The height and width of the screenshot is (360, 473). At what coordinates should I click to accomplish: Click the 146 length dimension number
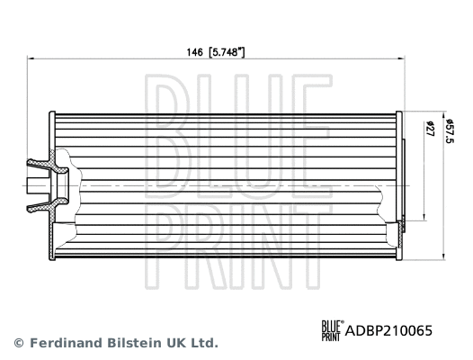[x=193, y=53]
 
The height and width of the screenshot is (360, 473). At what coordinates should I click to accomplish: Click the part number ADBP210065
[x=384, y=330]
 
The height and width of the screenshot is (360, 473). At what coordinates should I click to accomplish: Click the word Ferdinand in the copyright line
[x=67, y=343]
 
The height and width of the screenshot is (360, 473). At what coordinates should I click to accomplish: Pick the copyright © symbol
[x=18, y=343]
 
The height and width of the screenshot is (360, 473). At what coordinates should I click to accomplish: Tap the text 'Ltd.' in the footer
[x=205, y=343]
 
